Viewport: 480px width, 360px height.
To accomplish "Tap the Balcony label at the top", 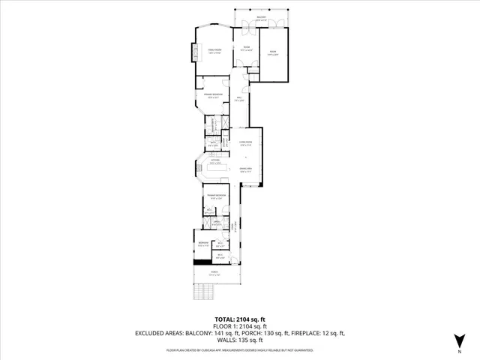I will [261, 17].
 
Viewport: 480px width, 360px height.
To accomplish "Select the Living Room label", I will [244, 142].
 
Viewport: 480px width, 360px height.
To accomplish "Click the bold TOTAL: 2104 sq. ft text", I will [239, 319].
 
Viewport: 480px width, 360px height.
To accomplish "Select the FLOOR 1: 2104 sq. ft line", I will [239, 326].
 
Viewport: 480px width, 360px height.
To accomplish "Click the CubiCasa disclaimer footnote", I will [239, 350].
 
